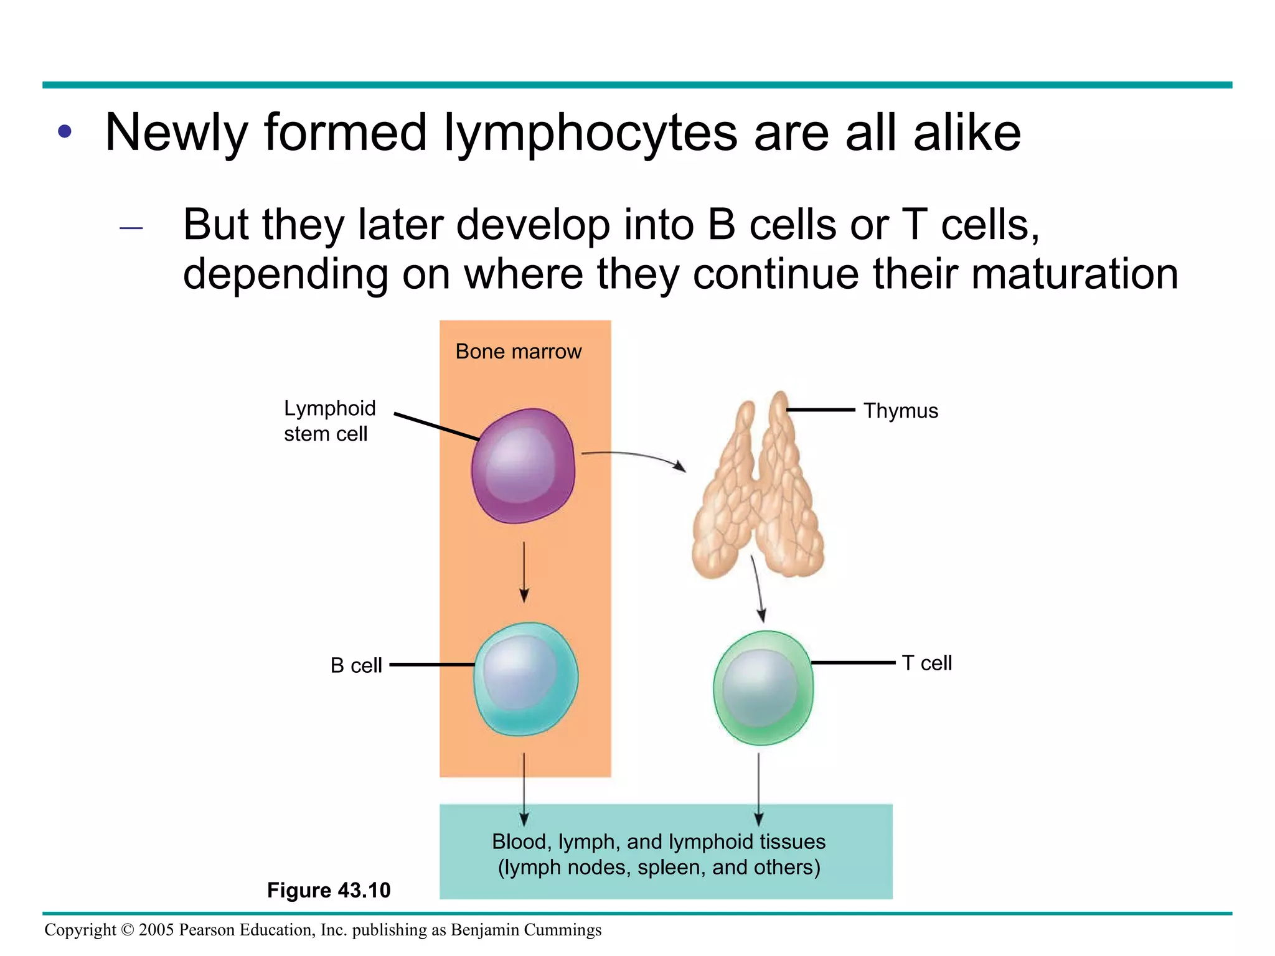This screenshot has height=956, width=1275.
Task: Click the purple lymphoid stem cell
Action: [x=523, y=466]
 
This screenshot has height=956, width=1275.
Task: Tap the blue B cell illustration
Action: [x=525, y=678]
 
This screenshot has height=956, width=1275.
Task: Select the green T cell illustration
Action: [x=763, y=688]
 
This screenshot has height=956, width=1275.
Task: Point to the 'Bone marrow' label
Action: [x=518, y=352]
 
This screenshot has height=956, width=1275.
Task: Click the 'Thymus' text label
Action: [x=900, y=411]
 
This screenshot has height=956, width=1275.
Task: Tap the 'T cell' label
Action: [x=926, y=663]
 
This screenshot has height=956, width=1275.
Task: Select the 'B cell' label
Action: [x=355, y=665]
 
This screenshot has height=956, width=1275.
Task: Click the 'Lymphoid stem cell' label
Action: [x=329, y=421]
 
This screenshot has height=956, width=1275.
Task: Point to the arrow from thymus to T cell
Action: [x=757, y=588]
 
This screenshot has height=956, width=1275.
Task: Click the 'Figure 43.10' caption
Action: [x=329, y=890]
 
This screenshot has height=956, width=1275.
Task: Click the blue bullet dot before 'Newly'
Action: [x=65, y=132]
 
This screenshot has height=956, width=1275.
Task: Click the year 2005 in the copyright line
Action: [x=156, y=930]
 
